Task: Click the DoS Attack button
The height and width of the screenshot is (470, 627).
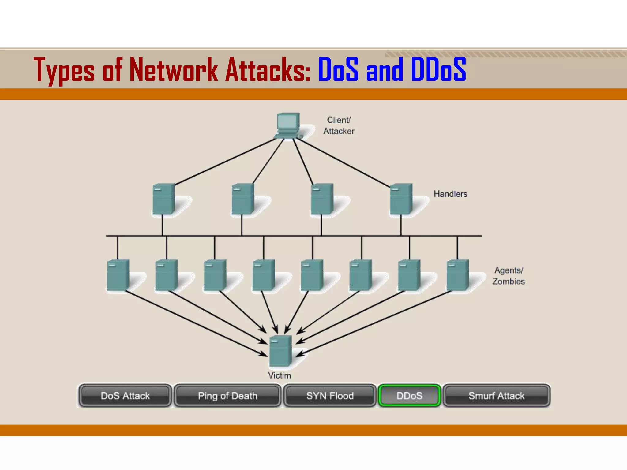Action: [125, 396]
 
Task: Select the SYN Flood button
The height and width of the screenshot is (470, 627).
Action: [330, 396]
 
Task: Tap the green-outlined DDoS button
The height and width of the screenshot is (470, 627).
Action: [409, 396]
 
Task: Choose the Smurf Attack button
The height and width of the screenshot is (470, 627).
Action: [496, 396]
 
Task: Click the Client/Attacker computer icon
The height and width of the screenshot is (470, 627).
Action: [287, 125]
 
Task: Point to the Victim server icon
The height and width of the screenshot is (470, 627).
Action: [280, 351]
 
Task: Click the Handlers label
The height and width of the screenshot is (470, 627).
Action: [450, 194]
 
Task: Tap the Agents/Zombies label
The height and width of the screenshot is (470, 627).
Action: [508, 276]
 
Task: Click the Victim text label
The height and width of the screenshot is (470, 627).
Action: [279, 375]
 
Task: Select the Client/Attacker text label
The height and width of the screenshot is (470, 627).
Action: [339, 125]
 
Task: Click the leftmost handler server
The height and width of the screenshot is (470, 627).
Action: [164, 199]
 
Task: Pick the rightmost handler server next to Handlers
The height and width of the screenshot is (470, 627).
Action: [401, 199]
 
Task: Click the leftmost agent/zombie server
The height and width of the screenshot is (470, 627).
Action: [118, 275]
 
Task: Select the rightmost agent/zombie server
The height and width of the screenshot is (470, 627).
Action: [457, 275]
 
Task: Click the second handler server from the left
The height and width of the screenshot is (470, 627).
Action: [242, 199]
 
